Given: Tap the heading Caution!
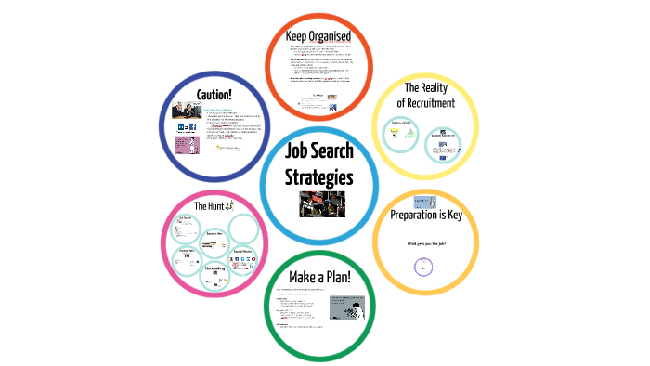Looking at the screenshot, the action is tap(213, 94).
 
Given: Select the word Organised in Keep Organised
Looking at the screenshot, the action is tap(340, 35).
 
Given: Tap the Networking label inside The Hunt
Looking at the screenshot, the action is tap(219, 267).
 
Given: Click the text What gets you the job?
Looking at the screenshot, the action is tap(427, 243).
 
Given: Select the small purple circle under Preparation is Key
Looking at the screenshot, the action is tap(423, 267).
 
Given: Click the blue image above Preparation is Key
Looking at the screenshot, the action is tap(424, 202).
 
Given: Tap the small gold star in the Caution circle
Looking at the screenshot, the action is tap(215, 148).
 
